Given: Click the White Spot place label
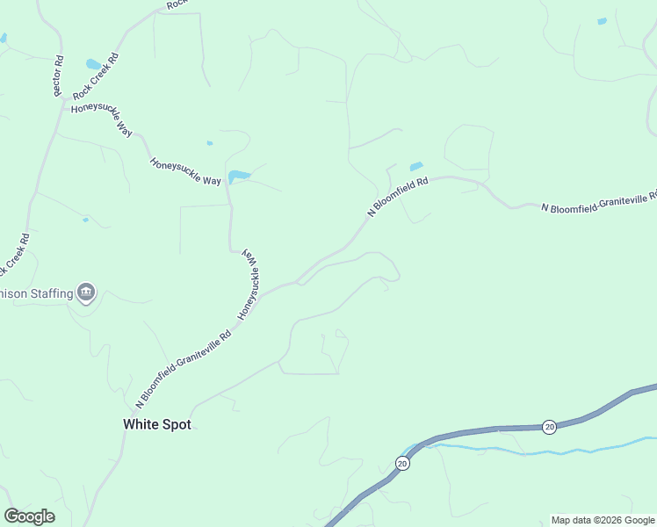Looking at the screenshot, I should pos(156,424).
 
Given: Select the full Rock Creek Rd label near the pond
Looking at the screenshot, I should pos(96,76).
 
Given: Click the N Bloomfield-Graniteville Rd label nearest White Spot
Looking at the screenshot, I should pos(184,369).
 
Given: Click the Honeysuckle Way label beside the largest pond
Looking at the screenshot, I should pos(185,170).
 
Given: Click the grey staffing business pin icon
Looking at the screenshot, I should pos(85,292).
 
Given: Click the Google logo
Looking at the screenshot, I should pos(29,516).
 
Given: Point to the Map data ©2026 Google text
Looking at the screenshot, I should pos(603,520).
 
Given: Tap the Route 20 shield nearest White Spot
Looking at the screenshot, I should pos(402,463).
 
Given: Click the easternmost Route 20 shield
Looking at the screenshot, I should pos(549,426).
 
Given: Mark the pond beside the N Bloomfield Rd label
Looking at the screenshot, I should pos(415,165).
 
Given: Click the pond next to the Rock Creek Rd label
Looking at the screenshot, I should pos(93,64).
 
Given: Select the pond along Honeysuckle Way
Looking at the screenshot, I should pos(238,177).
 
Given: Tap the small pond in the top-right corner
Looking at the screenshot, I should pos(602,21).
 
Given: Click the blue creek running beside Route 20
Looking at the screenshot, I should pos(527,452).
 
